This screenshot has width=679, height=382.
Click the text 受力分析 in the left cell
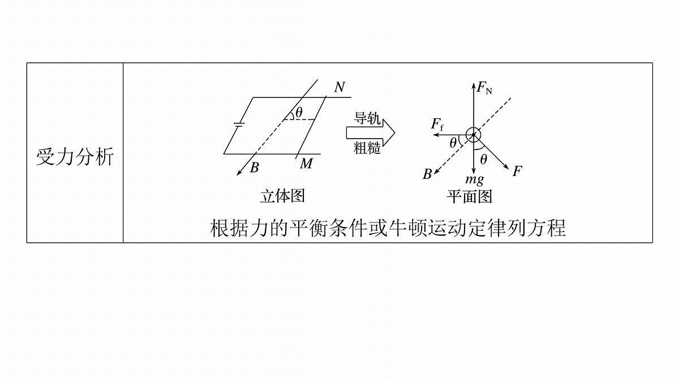pos(75,157)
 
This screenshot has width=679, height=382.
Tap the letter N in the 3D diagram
pos(339,87)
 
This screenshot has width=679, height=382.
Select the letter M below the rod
pos(307,164)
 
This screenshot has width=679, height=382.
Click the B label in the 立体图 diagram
pos(254,168)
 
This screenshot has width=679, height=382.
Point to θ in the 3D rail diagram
pos(299,113)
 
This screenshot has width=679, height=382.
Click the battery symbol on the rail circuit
pos(239,124)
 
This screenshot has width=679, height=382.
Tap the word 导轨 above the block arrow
pos(367,118)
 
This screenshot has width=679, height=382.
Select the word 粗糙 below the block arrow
pos(367,148)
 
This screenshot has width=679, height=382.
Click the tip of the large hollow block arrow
pos(395,133)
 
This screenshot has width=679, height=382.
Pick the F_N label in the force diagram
pos(484,88)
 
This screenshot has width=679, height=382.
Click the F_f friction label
pos(437,125)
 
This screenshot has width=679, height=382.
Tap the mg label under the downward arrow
pos(475,179)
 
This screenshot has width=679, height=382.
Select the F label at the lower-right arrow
pos(517,171)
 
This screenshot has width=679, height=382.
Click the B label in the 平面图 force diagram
pos(427,174)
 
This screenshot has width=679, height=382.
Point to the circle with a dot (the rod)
pos(473,135)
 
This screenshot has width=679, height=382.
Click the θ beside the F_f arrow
pos(453,143)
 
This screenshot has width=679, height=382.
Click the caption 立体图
pos(282,196)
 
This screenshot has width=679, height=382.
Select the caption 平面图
pos(469,196)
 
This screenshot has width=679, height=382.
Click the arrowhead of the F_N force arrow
pos(473,83)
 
